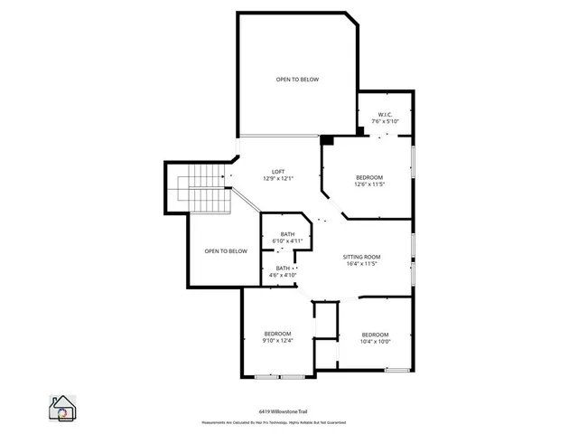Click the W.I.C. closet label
coord(384,114)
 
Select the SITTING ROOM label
coord(361,257)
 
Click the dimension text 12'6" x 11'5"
coord(369,184)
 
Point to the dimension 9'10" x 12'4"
coord(277,341)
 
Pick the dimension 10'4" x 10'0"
coord(375,341)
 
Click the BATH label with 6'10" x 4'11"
coord(287,235)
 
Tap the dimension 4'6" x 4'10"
coord(283,275)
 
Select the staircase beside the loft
coord(203,191)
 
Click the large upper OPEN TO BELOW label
coord(297,80)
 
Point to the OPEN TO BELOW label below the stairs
coord(225,251)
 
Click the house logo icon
coord(63,408)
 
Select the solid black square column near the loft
coord(327,140)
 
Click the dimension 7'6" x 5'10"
coord(384,121)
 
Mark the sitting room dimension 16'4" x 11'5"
coord(361,264)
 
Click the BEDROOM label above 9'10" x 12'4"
coord(277,334)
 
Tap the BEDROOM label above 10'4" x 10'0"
coord(375,334)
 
